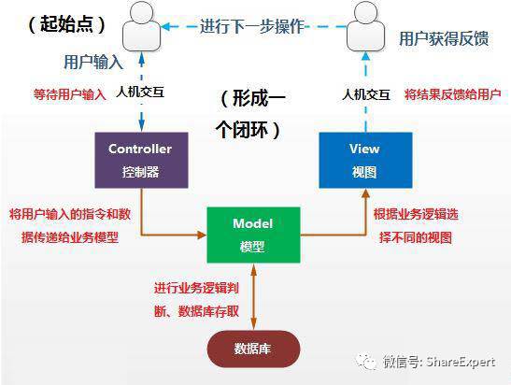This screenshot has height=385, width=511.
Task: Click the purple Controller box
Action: pos(141,160)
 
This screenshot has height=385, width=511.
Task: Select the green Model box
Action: pos(253,235)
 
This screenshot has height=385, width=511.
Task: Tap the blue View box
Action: pos(365,160)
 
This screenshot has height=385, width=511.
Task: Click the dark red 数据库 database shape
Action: pos(253,349)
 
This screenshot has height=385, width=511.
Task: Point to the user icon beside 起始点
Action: pos(141,26)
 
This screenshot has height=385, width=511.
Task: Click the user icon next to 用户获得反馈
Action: pos(365,26)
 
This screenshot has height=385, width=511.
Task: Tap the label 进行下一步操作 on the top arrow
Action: pos(252,26)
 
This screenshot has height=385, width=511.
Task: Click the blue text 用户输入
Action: pos(93,62)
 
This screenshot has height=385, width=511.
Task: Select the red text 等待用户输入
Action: pos(70,94)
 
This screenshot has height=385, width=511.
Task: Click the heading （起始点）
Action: pos(67,24)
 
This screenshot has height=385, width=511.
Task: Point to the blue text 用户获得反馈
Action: pos(444,38)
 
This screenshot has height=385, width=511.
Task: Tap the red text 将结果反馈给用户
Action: pos(452,94)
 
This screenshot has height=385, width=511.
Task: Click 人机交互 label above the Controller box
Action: pos(140,93)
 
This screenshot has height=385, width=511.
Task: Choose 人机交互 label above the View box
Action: pos(366,95)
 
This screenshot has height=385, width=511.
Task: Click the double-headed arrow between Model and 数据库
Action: pos(253,296)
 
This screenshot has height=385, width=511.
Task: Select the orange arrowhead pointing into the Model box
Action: pos(202,235)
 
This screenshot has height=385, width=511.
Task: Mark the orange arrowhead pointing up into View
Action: pos(365,193)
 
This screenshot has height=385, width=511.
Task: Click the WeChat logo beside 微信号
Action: pos(367,362)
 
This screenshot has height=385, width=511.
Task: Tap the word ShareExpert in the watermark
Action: pos(461,362)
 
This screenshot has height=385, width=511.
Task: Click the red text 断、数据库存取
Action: pos(196,312)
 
